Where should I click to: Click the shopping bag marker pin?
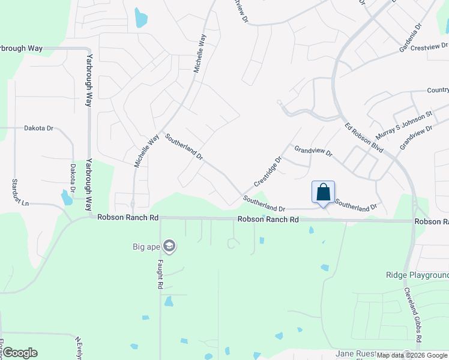click(323, 193)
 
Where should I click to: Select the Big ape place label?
click(146, 246)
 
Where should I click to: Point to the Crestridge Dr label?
click(268, 172)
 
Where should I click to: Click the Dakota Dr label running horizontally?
click(38, 128)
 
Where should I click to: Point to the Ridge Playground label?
click(417, 275)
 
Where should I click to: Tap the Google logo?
click(20, 352)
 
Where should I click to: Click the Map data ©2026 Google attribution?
click(412, 355)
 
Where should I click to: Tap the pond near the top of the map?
click(140, 19)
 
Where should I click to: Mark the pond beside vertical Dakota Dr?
click(66, 197)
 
